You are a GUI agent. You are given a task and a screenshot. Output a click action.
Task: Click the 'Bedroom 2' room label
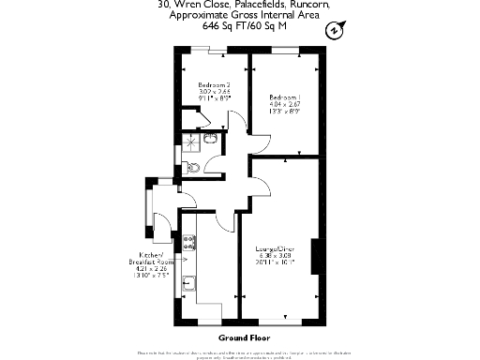coord(214,85)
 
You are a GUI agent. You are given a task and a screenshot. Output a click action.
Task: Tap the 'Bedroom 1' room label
coord(284,97)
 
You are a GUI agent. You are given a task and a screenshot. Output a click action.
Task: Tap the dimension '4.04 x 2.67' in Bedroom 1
coord(284,105)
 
